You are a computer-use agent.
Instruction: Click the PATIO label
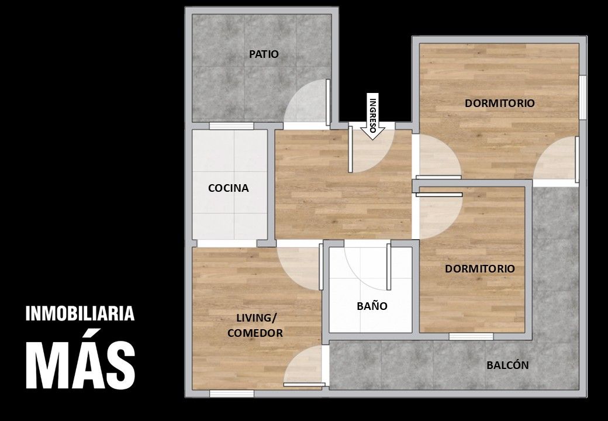pyautogui.click(x=264, y=54)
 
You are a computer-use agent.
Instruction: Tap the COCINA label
pyautogui.click(x=229, y=188)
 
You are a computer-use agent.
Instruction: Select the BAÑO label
pyautogui.click(x=372, y=306)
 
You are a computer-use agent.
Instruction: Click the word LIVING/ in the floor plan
pyautogui.click(x=256, y=318)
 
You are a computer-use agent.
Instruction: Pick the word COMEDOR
pyautogui.click(x=255, y=333)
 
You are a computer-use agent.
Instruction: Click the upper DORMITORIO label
pyautogui.click(x=499, y=103)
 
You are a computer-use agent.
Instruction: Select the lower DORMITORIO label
pyautogui.click(x=479, y=268)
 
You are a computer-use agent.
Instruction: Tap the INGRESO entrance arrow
pyautogui.click(x=372, y=116)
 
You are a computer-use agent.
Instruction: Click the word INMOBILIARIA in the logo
pyautogui.click(x=80, y=313)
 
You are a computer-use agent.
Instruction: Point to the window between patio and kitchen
pyautogui.click(x=232, y=126)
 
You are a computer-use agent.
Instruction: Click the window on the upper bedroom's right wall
pyautogui.click(x=582, y=97)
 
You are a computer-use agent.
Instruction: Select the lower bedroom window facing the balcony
pyautogui.click(x=471, y=336)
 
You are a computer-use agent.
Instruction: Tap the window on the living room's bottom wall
pyautogui.click(x=232, y=394)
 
